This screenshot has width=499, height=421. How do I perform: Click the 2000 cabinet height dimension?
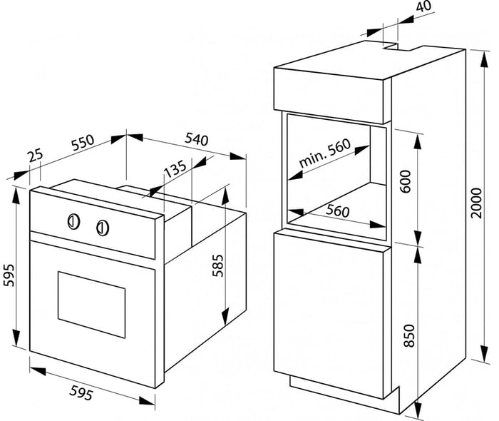[x=477, y=203]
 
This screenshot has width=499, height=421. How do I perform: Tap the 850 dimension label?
[x=409, y=335]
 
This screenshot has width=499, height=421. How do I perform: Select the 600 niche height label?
[x=406, y=181]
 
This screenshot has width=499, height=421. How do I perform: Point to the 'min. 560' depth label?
[x=324, y=153]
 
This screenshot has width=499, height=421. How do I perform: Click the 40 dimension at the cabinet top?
[x=423, y=6]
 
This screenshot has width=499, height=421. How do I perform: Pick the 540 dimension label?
[x=197, y=139]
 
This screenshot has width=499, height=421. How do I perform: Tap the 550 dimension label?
[x=83, y=143]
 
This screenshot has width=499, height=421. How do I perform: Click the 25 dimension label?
[x=35, y=156]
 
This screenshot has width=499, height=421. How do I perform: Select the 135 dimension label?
[x=175, y=169]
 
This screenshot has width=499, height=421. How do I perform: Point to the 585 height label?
[x=218, y=265]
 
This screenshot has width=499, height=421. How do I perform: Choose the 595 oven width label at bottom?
[x=81, y=392]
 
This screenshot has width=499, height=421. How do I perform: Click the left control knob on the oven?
[x=74, y=221]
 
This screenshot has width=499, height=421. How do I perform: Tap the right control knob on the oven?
[x=103, y=228]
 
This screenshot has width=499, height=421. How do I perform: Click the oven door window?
[x=91, y=305]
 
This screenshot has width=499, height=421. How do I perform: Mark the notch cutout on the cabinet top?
[x=398, y=47]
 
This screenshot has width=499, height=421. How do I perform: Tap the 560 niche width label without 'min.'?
[x=338, y=210]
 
